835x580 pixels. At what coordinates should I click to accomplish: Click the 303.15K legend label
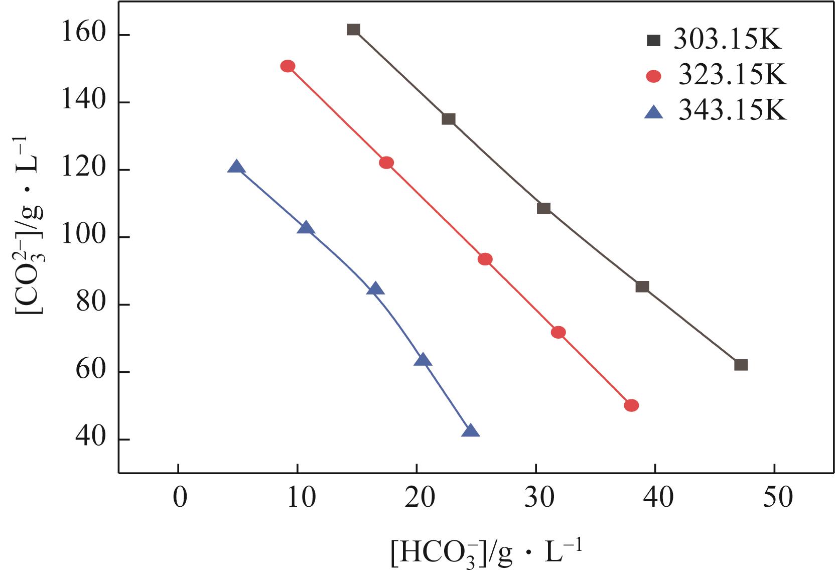(x=728, y=40)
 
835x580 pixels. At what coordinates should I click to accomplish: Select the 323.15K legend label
(x=733, y=76)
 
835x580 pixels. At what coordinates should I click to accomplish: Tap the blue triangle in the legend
(x=654, y=111)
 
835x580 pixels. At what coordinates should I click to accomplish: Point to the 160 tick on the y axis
(x=83, y=35)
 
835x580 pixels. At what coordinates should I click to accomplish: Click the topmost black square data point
(x=353, y=30)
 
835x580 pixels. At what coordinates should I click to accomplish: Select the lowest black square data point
(x=741, y=365)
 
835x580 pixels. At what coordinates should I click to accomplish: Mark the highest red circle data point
(x=288, y=66)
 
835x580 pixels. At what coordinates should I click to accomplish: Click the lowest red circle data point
(x=631, y=405)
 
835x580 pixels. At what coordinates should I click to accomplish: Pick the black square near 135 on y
(x=449, y=119)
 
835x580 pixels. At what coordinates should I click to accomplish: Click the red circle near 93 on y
(x=485, y=259)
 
